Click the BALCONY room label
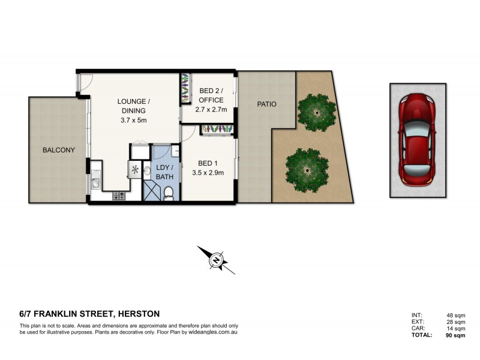58,150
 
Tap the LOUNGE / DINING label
134,106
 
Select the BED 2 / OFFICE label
210,95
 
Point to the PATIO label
266,104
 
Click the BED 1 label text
207,163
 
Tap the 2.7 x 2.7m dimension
211,110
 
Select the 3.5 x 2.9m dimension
208,173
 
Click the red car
418,139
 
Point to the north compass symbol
216,260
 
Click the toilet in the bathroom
169,193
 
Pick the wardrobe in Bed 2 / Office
185,89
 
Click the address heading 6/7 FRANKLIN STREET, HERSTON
89,313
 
